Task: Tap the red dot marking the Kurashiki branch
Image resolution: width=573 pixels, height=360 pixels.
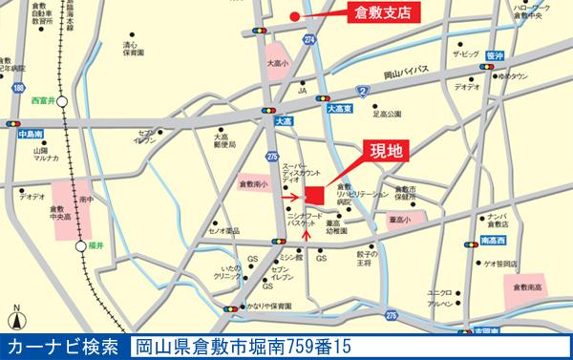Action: (294, 17)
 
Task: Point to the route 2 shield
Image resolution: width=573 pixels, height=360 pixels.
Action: (362, 91)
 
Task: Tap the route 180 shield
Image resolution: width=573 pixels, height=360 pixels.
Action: (19, 89)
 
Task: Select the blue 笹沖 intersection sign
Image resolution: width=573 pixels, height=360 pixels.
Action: (494, 55)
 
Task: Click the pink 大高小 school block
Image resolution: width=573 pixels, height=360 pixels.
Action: (278, 57)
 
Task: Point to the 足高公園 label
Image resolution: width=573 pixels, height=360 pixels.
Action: (390, 115)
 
